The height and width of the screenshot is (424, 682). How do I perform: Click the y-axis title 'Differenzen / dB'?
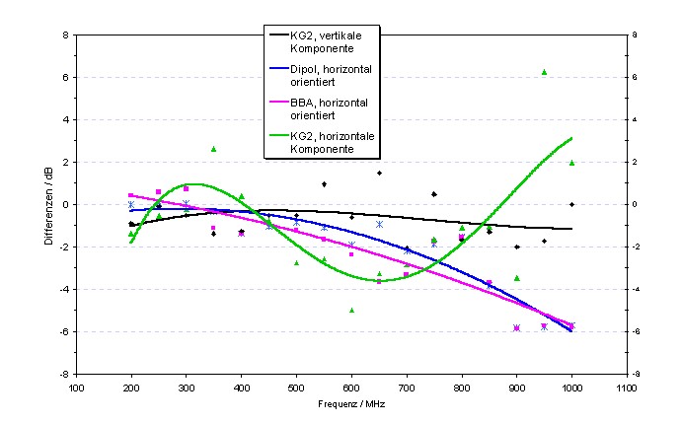(49, 204)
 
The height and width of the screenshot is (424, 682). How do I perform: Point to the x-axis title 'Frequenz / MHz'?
(351, 404)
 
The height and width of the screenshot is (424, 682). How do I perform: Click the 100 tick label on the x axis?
(76, 388)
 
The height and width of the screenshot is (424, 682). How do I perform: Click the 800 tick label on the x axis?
(461, 388)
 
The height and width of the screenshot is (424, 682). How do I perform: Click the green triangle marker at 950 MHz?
(544, 72)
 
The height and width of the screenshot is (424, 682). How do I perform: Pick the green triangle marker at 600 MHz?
(351, 310)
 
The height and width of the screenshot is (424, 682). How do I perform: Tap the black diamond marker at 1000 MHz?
(571, 204)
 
